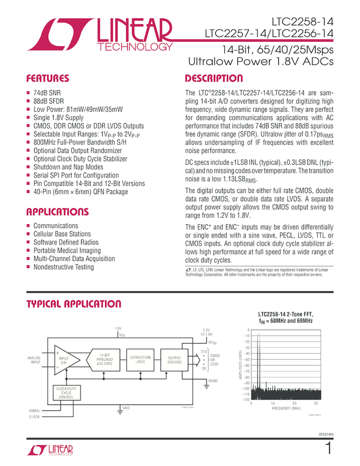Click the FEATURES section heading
[48, 78]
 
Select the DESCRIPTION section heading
[214, 78]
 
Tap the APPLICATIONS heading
[57, 212]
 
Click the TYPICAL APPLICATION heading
[74, 304]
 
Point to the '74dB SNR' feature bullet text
[47, 93]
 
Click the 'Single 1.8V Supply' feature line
[59, 117]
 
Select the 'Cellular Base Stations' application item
[62, 234]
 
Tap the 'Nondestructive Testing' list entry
[64, 267]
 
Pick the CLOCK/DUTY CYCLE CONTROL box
[66, 393]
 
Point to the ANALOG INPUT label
[35, 360]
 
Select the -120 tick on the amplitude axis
[245, 400]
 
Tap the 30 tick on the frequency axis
[316, 404]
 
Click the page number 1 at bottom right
[328, 448]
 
